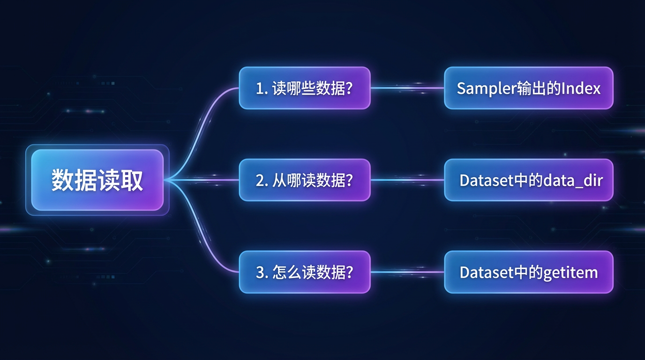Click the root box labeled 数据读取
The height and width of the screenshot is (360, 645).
97,180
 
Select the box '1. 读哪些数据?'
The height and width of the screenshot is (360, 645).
305,88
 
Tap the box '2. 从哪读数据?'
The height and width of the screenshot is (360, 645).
305,180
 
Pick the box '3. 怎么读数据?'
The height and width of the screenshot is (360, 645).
305,272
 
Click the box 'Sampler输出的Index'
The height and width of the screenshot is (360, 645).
528,88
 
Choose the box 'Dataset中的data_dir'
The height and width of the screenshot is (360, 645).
528,180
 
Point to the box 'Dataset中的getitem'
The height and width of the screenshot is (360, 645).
528,272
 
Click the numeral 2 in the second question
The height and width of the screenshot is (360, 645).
260,180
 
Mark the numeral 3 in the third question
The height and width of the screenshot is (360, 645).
260,272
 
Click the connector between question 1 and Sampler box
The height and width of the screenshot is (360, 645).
407,88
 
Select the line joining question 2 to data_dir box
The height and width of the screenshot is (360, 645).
407,180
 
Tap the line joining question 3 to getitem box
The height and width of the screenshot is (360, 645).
407,271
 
